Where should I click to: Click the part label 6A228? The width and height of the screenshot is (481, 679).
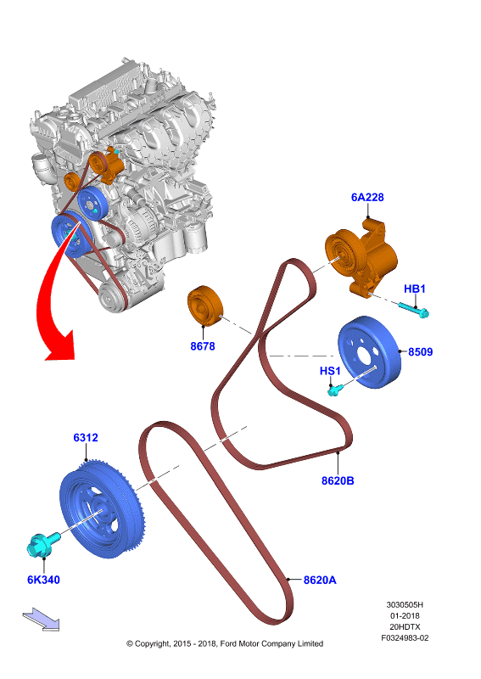click(x=367, y=198)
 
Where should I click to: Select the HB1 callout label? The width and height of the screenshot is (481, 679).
click(x=414, y=289)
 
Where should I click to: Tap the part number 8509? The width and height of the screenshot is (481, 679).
click(x=420, y=351)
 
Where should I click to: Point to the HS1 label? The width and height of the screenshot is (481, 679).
click(x=330, y=371)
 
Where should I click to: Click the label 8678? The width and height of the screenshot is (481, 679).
click(x=203, y=346)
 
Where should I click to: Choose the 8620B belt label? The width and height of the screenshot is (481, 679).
click(x=338, y=480)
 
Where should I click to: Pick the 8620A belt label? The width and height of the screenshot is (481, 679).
click(x=320, y=580)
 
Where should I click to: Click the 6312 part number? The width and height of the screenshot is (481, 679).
click(x=86, y=438)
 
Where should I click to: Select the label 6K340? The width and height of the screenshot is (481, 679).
click(x=43, y=580)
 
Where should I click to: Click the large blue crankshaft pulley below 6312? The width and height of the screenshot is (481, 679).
click(x=102, y=510)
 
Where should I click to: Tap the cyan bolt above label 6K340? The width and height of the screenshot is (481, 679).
click(x=43, y=543)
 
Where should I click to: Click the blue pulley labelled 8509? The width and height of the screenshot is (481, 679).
click(x=369, y=352)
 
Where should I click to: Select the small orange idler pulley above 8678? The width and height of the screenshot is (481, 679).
click(x=205, y=305)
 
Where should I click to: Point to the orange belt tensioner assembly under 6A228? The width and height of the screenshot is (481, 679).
click(x=362, y=258)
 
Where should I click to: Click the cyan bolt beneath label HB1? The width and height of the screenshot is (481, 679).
click(x=413, y=310)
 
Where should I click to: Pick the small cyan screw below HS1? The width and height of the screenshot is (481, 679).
click(x=336, y=390)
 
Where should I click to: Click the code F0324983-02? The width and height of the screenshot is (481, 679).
click(x=405, y=638)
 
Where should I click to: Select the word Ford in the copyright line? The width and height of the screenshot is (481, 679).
click(x=228, y=644)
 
